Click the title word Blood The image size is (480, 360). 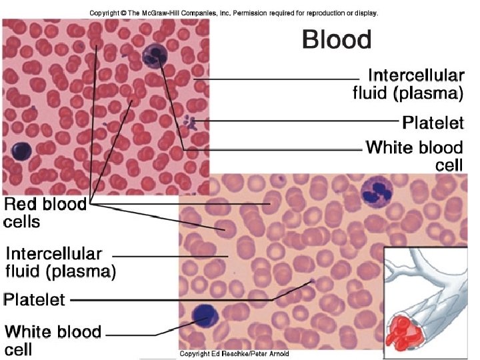[336, 39]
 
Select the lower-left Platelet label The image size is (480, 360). [35, 299]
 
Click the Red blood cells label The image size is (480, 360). [45, 212]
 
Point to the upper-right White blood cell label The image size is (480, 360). [414, 155]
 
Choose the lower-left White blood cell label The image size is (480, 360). [53, 339]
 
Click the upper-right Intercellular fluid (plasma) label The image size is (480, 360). [408, 83]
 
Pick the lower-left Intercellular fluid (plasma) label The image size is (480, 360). [60, 263]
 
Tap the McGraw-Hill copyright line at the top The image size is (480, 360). [233, 13]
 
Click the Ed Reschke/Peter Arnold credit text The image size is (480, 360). [231, 353]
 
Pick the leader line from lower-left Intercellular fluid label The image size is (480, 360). [167, 255]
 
